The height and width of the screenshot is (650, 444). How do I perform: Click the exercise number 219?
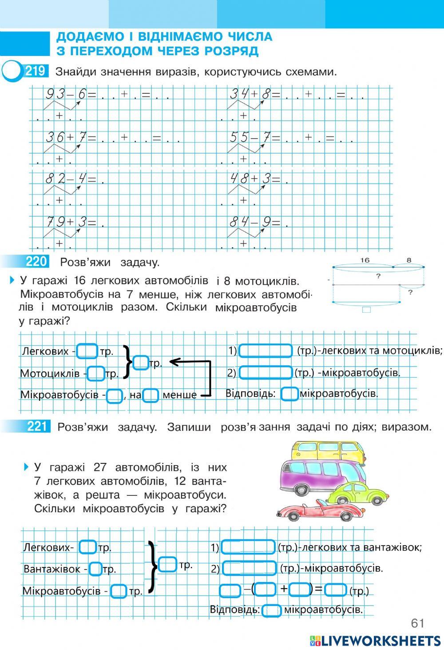(x=36, y=71)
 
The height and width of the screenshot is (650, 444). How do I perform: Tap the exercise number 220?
(x=36, y=262)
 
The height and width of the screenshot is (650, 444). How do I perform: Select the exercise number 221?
(x=37, y=427)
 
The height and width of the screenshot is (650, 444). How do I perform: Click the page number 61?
(x=417, y=623)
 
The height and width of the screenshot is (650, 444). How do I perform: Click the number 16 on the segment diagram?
(x=365, y=261)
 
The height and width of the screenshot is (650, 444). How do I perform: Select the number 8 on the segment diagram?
(x=409, y=261)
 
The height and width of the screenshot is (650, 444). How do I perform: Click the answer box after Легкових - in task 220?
(x=87, y=351)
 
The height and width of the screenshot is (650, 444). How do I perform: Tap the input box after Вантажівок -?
(x=95, y=569)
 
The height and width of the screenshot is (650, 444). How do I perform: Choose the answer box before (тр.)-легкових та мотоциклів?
(x=266, y=351)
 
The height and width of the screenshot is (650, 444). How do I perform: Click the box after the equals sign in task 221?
(x=335, y=590)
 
